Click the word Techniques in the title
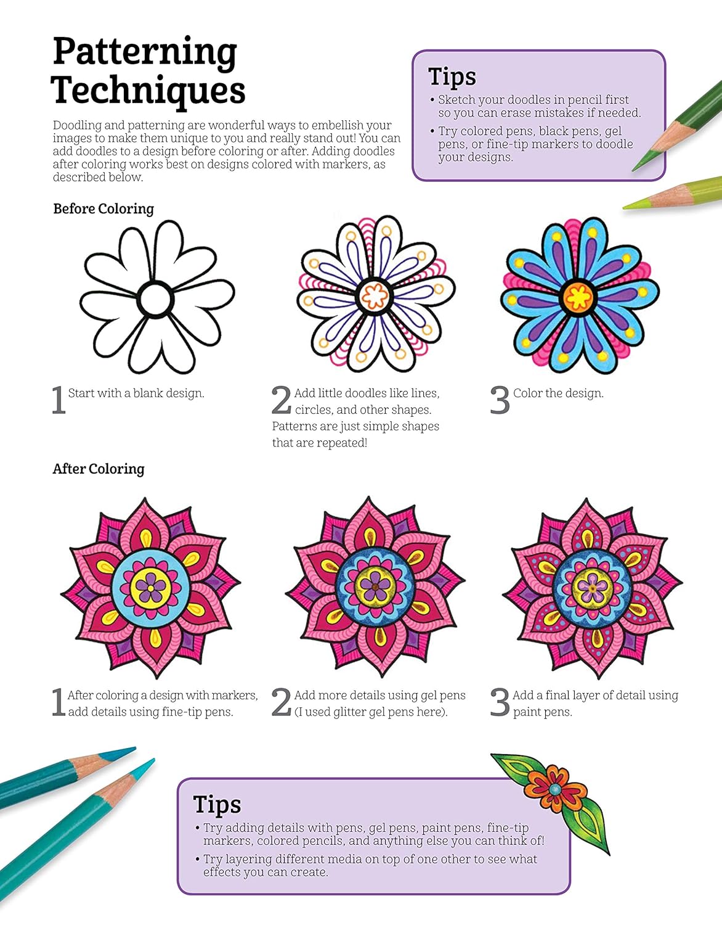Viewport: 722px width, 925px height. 148,90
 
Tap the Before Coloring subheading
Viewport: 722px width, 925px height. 103,209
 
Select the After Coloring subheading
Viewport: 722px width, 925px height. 99,469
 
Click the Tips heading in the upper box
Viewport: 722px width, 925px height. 452,77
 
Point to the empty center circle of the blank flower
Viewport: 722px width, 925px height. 155,298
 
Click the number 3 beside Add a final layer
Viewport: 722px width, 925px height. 500,702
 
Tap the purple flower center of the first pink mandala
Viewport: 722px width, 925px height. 150,588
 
